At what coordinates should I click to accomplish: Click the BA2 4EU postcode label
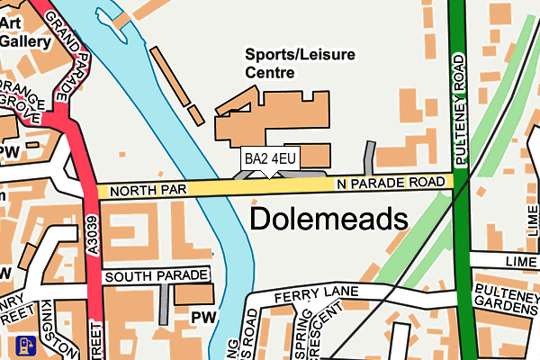click(x=270, y=159)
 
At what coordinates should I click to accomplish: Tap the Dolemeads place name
click(x=328, y=218)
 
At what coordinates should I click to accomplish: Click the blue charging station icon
click(x=23, y=346)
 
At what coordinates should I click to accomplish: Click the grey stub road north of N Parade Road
click(x=368, y=157)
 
